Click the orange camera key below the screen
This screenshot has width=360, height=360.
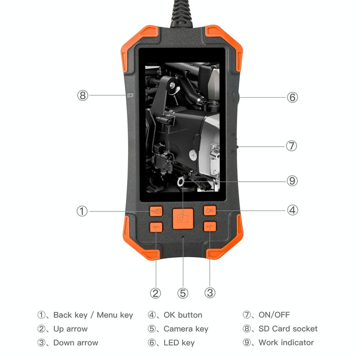pyautogui.click(x=183, y=217)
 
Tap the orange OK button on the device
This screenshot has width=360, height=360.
pyautogui.click(x=210, y=210)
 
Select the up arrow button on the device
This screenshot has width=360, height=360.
pyautogui.click(x=156, y=227)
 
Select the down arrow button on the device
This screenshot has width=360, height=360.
pyautogui.click(x=210, y=226)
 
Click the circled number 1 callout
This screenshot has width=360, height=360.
pyautogui.click(x=82, y=211)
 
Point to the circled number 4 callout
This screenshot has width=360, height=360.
pyautogui.click(x=293, y=210)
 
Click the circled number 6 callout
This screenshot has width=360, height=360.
pyautogui.click(x=292, y=97)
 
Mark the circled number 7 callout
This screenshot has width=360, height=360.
pyautogui.click(x=292, y=146)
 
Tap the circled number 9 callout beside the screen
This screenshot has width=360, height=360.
pyautogui.click(x=292, y=181)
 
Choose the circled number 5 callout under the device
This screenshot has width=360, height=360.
pyautogui.click(x=183, y=293)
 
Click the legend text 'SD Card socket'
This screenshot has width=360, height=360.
pyautogui.click(x=288, y=329)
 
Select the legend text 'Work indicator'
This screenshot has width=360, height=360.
pyautogui.click(x=286, y=343)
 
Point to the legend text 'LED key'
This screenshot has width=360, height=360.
pyautogui.click(x=179, y=343)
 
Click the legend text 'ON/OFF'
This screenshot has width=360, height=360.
pyautogui.click(x=274, y=315)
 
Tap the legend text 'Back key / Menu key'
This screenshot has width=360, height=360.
pyautogui.click(x=93, y=315)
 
